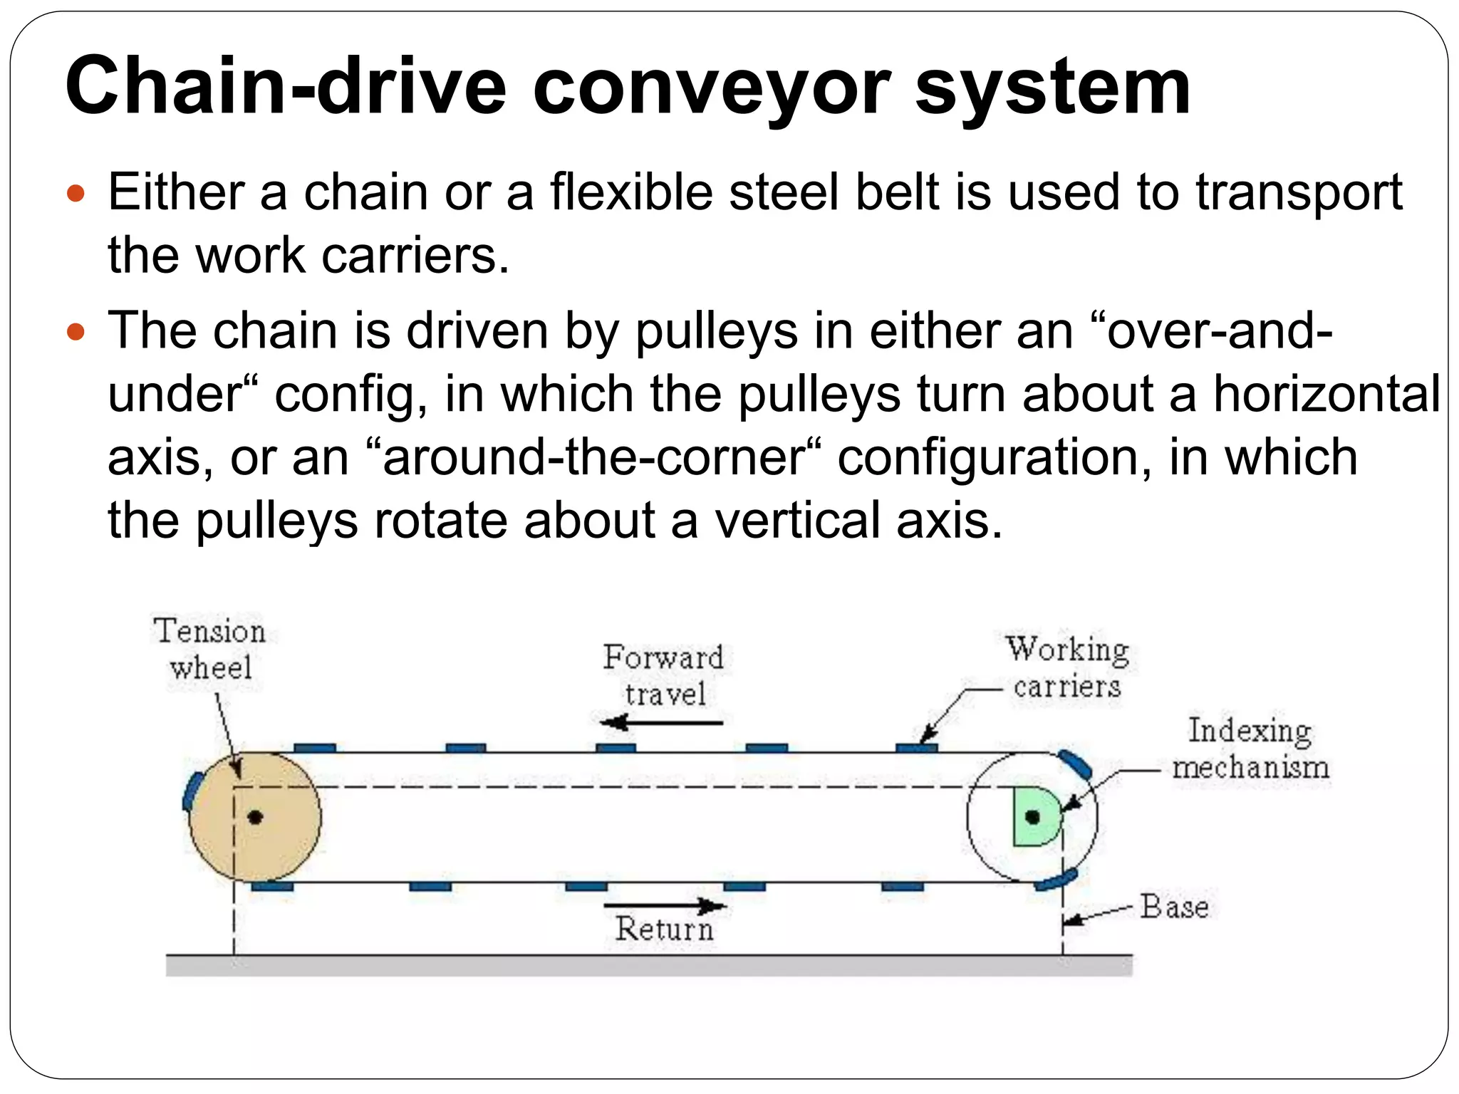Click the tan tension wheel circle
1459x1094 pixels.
[x=278, y=840]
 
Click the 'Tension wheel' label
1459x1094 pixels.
[x=210, y=649]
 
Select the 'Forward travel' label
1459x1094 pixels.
[x=664, y=675]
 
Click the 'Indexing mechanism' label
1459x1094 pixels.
[x=1250, y=749]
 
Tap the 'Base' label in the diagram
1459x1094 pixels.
[x=1174, y=907]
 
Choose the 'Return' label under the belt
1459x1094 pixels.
[x=664, y=929]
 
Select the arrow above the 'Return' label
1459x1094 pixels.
[x=664, y=906]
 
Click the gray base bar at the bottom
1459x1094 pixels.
[x=648, y=965]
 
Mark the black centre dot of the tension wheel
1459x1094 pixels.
[x=255, y=817]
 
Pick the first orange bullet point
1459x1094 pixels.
[x=75, y=193]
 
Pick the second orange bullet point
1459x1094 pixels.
[x=75, y=331]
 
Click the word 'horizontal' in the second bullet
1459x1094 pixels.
[x=1326, y=394]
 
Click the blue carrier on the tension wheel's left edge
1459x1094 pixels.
[x=191, y=791]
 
